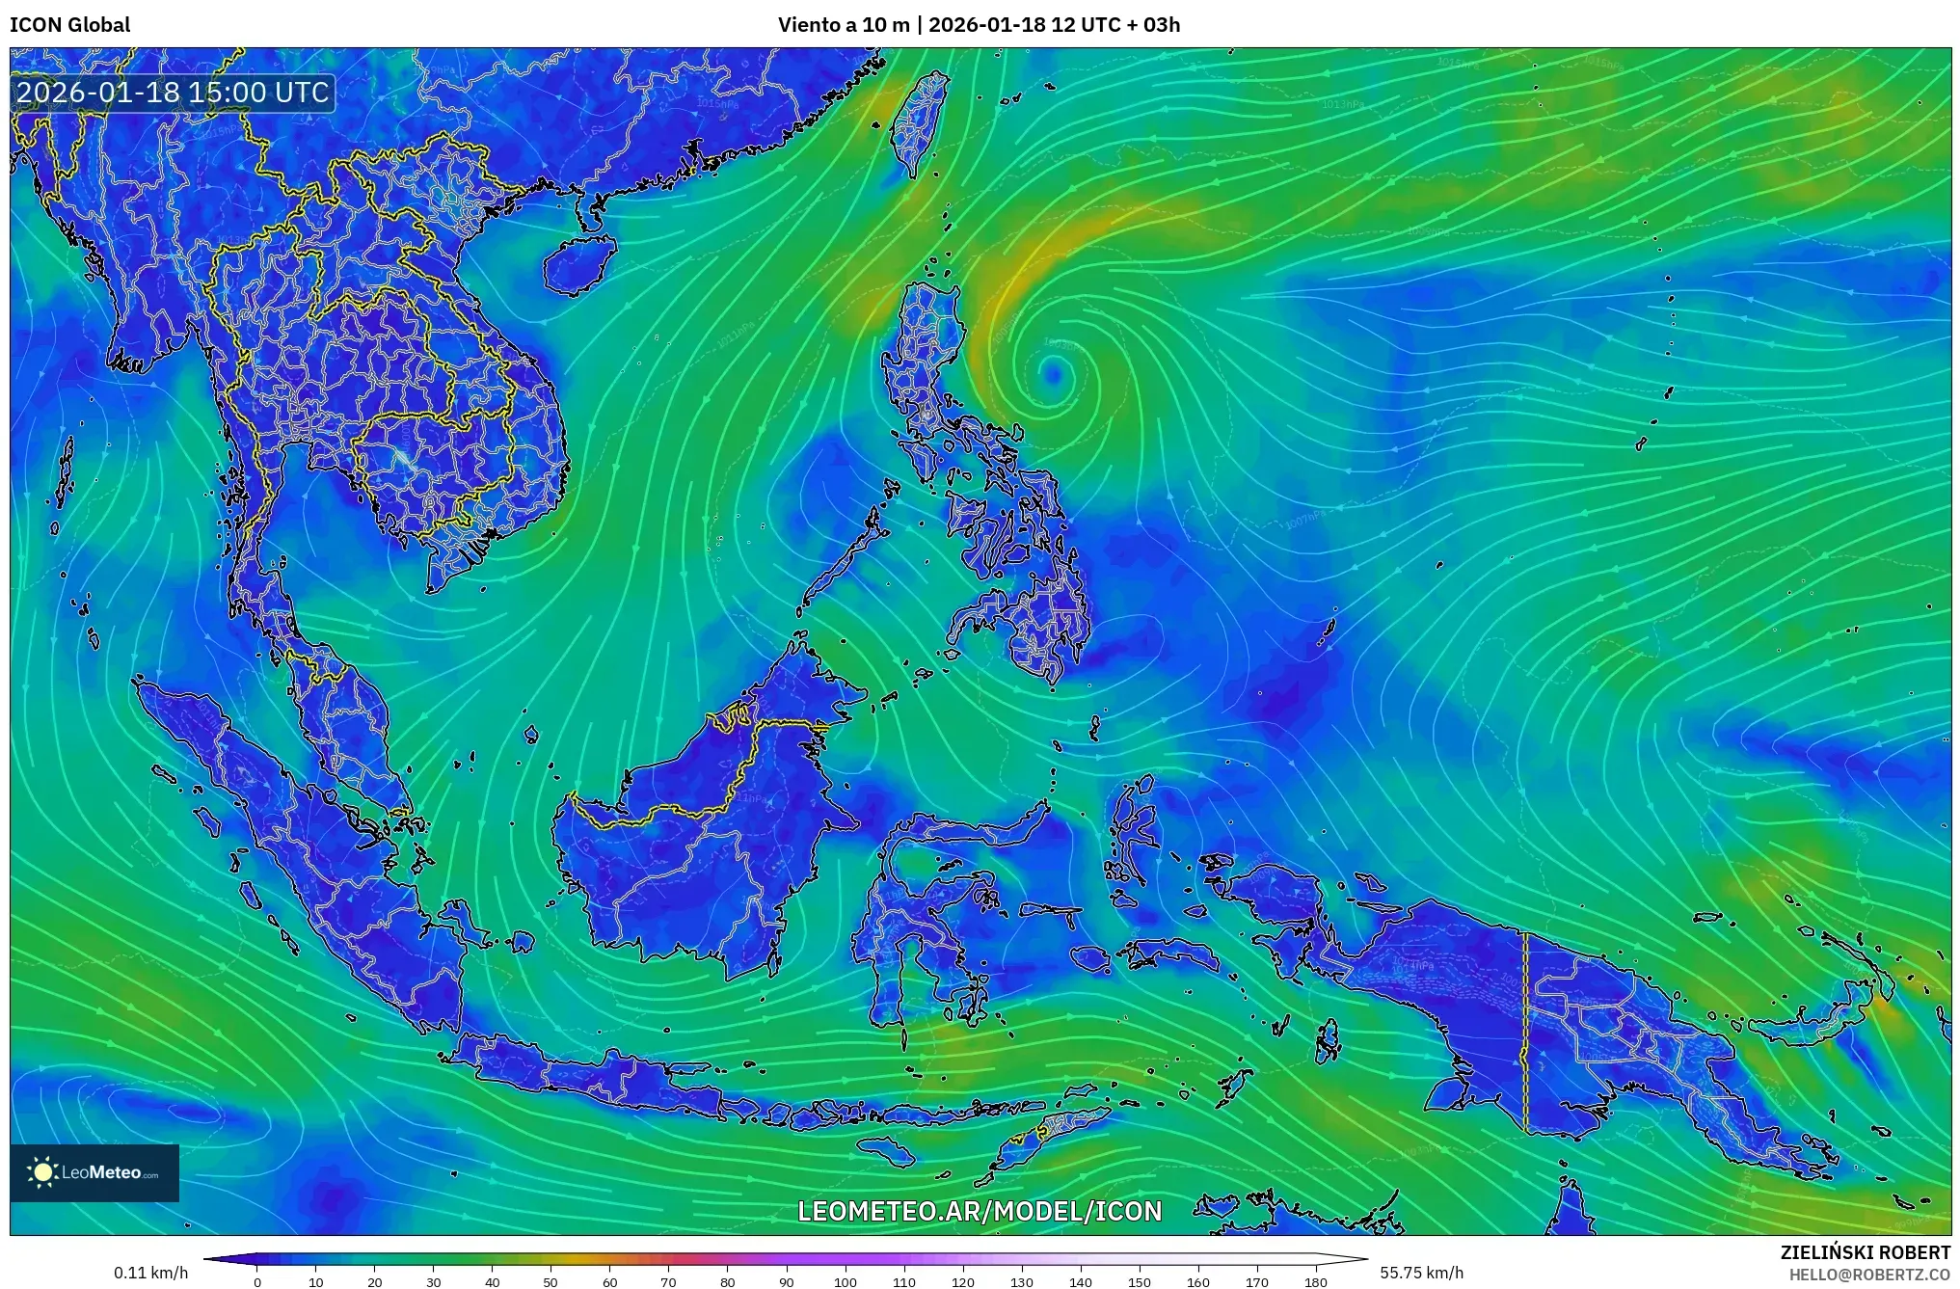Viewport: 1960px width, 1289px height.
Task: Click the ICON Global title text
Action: [69, 24]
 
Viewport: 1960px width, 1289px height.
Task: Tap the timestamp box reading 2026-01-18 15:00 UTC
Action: [174, 93]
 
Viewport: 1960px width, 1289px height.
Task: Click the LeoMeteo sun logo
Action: [42, 1172]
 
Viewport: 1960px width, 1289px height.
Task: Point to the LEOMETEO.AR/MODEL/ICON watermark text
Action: [980, 1211]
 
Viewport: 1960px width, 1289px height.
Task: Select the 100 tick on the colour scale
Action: [846, 1282]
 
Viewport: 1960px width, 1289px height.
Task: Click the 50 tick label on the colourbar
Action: [550, 1282]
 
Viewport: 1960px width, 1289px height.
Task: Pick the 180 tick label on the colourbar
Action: [1316, 1282]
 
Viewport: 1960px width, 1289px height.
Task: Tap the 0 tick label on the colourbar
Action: [257, 1282]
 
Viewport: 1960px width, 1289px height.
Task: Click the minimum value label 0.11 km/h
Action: [150, 1273]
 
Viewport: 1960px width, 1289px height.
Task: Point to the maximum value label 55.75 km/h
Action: [1421, 1273]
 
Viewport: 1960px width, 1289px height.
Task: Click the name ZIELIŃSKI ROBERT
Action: [1865, 1252]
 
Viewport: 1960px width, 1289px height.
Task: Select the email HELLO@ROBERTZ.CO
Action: [1869, 1275]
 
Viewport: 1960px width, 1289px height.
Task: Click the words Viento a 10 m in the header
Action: [844, 24]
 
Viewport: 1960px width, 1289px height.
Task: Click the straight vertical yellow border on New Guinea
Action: [1525, 1032]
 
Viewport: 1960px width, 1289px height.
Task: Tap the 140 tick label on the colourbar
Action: [1081, 1282]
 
